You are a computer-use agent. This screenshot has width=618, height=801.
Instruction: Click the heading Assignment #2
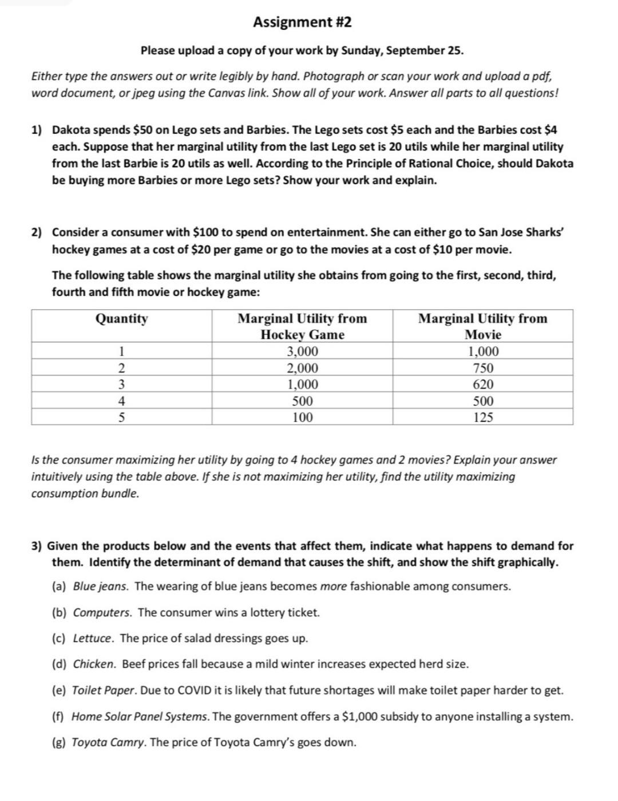[x=302, y=22]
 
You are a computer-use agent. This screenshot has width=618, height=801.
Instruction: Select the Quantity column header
[x=121, y=319]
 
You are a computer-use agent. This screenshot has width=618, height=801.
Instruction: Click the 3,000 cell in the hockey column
[x=302, y=351]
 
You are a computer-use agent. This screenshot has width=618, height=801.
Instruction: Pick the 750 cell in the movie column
[x=483, y=368]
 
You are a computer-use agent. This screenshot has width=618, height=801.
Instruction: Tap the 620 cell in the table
[x=483, y=384]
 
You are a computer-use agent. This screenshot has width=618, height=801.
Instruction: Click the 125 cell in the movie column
[x=483, y=418]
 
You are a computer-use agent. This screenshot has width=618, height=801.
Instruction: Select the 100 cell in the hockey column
[x=302, y=418]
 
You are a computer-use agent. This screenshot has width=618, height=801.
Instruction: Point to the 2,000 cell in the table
[x=302, y=368]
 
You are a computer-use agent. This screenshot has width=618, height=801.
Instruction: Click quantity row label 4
[x=121, y=401]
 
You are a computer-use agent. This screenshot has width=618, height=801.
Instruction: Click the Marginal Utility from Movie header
[x=483, y=326]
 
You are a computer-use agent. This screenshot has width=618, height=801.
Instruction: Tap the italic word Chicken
[x=94, y=664]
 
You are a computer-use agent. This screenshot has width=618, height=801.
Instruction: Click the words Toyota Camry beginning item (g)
[x=108, y=743]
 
